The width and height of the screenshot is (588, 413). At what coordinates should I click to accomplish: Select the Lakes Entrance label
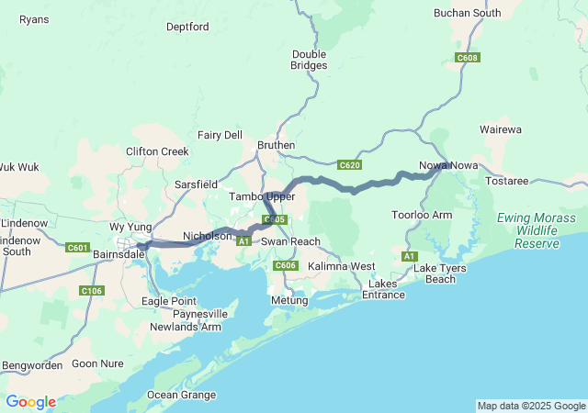tap(383, 288)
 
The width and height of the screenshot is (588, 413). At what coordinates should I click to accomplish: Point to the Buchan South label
tap(468, 13)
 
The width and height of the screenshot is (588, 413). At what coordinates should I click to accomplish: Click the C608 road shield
tap(468, 58)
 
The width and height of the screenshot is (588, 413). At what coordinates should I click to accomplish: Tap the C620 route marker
tap(349, 165)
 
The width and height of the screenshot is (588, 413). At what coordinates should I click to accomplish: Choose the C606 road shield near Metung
tap(286, 265)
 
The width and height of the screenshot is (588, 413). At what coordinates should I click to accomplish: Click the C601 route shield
tap(78, 247)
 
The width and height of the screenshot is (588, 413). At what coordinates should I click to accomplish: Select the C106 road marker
tap(91, 291)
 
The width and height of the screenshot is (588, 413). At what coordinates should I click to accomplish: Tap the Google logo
tap(30, 402)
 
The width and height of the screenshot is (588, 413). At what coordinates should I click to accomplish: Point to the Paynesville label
tap(198, 314)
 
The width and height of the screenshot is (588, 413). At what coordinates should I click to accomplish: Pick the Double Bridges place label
tap(309, 60)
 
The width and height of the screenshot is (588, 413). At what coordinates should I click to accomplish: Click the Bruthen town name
tap(276, 145)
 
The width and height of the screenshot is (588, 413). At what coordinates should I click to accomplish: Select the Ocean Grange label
tap(182, 396)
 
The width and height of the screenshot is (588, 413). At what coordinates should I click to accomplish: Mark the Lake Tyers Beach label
tap(434, 273)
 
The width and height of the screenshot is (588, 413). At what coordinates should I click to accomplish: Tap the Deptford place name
tap(187, 27)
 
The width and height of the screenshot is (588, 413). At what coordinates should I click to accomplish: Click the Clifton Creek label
tap(156, 151)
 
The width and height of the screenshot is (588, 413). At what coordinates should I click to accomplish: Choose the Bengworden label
tap(32, 364)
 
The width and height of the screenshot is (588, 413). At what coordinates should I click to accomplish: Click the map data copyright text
tap(531, 406)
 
